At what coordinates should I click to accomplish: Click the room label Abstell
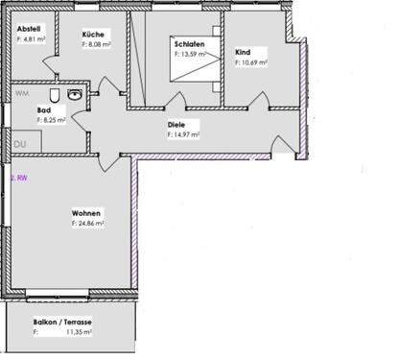[28, 29]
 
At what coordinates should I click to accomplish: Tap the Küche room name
[94, 34]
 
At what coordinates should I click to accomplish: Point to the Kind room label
[243, 52]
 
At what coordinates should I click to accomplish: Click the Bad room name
[44, 111]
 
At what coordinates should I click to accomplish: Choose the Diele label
[176, 125]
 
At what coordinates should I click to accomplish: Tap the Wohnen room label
[86, 213]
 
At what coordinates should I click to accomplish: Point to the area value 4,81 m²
[33, 39]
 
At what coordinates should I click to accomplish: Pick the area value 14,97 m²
[185, 135]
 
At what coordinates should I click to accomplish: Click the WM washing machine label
[21, 94]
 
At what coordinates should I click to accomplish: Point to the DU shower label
[19, 145]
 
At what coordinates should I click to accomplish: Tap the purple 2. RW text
[18, 178]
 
